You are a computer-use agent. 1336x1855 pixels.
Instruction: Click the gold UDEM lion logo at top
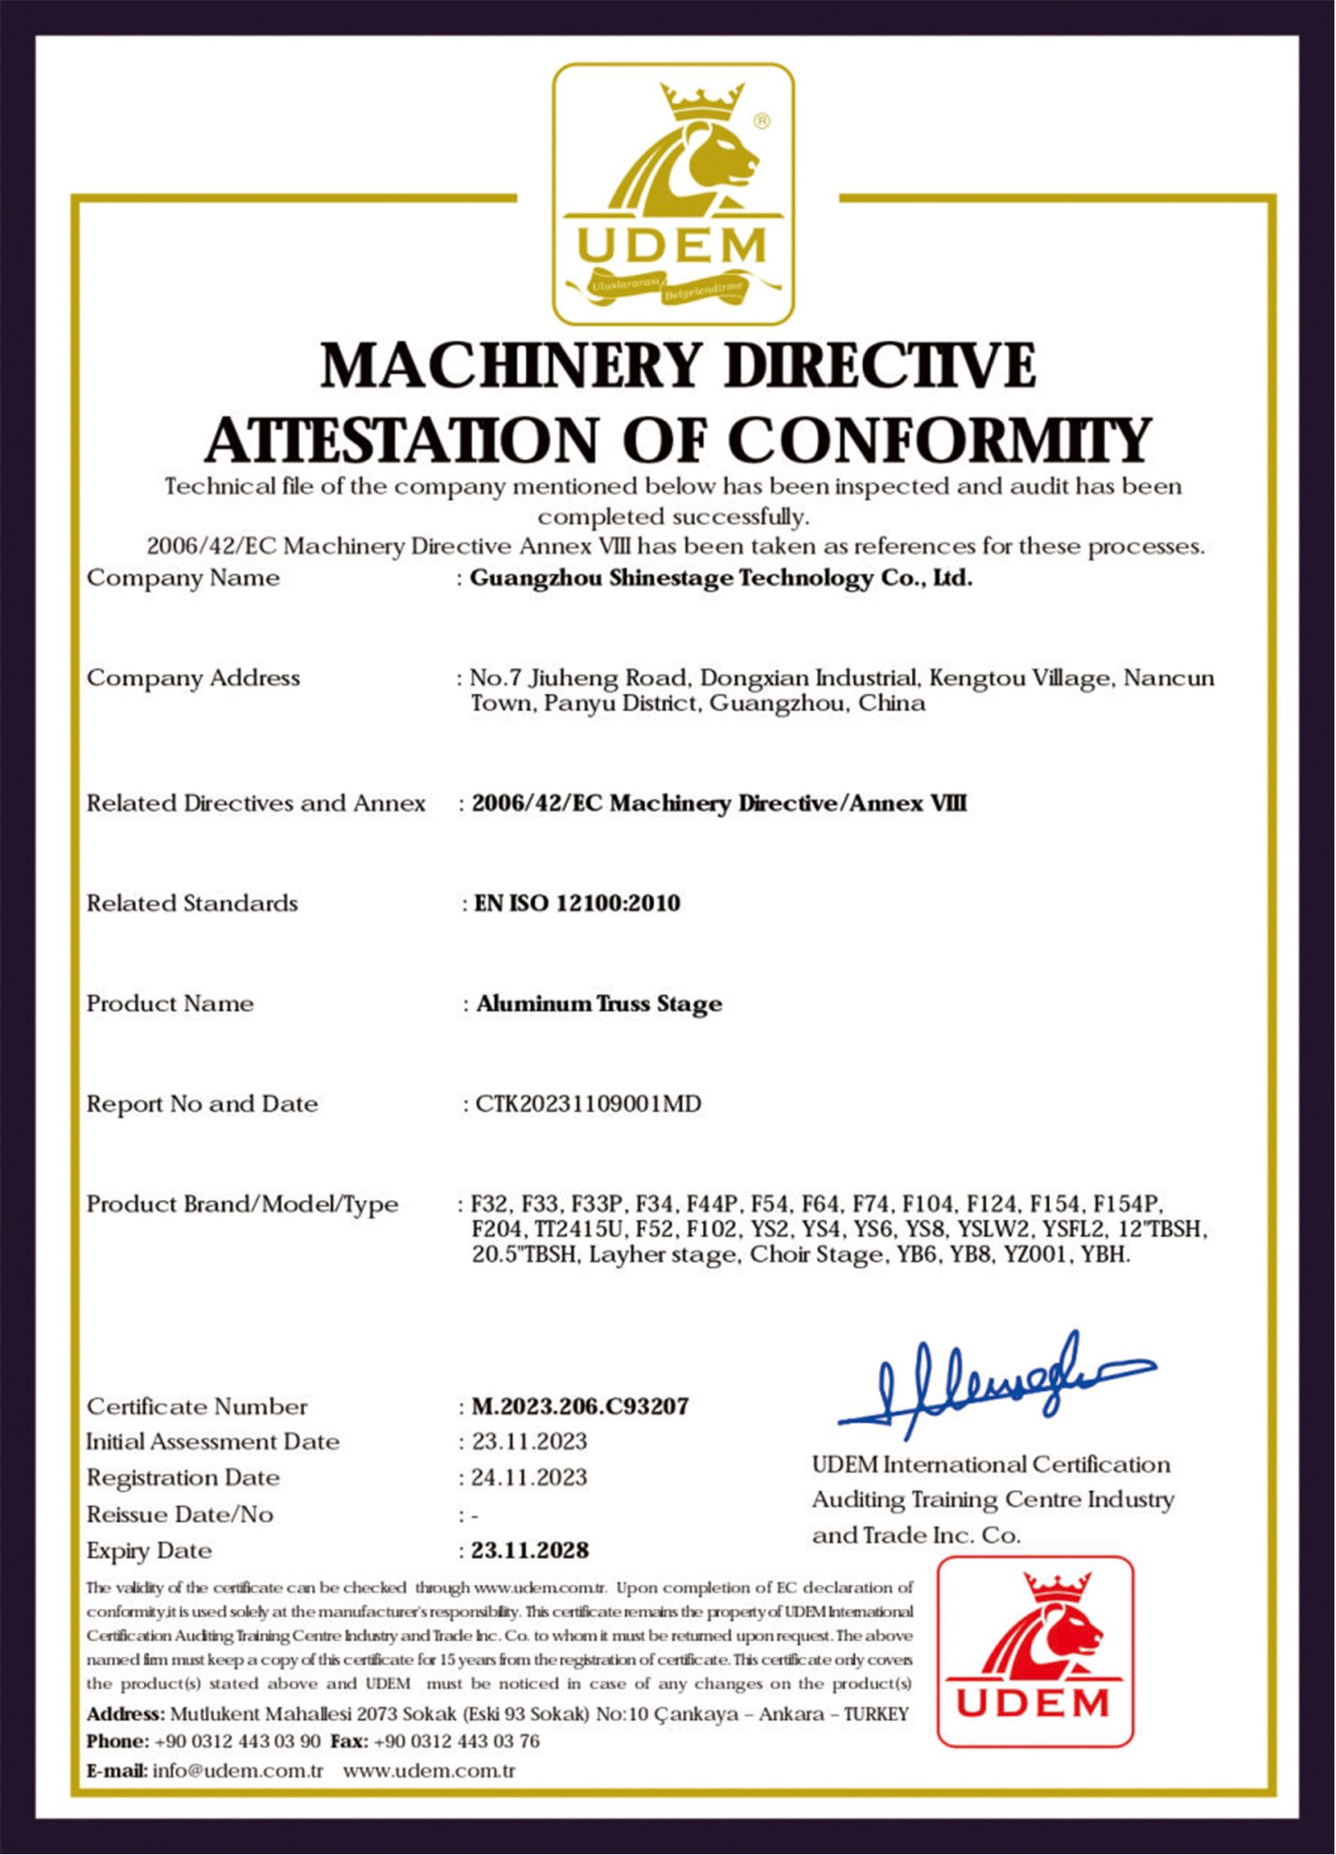[x=673, y=194]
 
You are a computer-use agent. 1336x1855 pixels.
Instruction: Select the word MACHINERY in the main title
[x=511, y=366]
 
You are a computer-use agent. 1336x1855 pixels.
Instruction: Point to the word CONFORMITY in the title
[x=939, y=441]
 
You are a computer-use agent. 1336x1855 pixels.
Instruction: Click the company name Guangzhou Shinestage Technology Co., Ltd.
[x=720, y=578]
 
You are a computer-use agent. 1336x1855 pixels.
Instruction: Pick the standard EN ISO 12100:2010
[x=577, y=903]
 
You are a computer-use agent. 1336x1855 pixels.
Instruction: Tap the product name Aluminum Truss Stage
[x=599, y=1004]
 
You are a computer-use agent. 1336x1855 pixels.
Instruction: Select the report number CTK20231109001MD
[x=588, y=1104]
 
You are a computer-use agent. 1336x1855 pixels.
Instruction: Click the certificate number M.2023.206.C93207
[x=580, y=1407]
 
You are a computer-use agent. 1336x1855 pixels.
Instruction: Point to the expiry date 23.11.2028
[x=530, y=1551]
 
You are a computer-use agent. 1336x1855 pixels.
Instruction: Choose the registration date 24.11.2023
[x=529, y=1478]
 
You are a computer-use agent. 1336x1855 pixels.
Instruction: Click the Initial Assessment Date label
[x=213, y=1442]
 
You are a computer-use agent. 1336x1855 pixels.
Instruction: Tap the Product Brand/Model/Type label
[x=242, y=1205]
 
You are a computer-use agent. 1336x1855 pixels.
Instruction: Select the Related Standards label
[x=192, y=903]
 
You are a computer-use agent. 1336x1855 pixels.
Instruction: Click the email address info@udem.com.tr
[x=237, y=1771]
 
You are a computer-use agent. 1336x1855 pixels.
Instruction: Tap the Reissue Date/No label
[x=179, y=1514]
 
